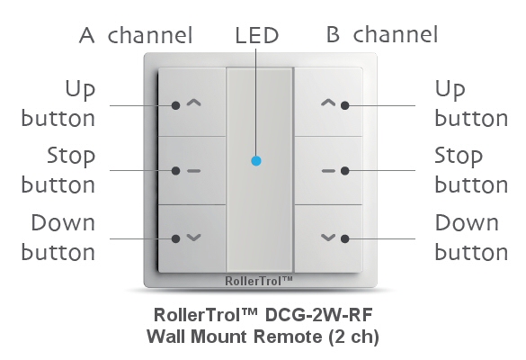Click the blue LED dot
(x=256, y=161)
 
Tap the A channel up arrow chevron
(x=193, y=103)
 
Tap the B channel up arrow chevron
(x=328, y=103)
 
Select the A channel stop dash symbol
(x=193, y=171)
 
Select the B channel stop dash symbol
(x=328, y=171)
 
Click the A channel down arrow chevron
(x=193, y=238)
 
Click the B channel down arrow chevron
(x=328, y=238)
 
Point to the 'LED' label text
(x=257, y=35)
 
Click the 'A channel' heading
(x=136, y=35)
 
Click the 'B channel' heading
(x=382, y=34)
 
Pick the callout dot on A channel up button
(x=175, y=105)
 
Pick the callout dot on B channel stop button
(x=345, y=171)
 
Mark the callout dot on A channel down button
(x=175, y=238)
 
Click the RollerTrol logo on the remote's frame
(x=259, y=281)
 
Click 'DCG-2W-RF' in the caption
(x=318, y=315)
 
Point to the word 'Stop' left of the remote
(x=71, y=157)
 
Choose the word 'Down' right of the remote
(x=467, y=222)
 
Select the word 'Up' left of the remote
(x=80, y=90)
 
